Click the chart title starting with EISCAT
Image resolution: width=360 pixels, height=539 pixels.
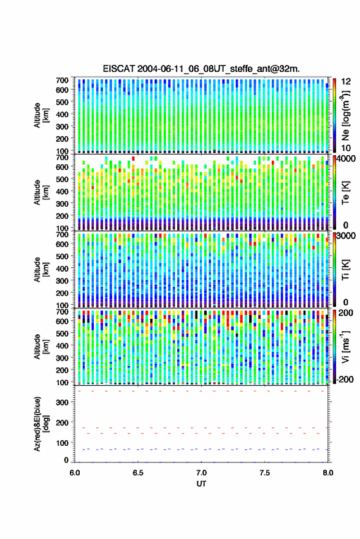point(201,69)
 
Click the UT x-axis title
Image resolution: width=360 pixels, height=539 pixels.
point(201,484)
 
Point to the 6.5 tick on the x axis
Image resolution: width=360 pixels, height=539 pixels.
point(138,473)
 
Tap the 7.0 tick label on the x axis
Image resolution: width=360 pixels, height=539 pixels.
point(201,473)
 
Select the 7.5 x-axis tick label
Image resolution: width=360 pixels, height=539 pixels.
point(264,473)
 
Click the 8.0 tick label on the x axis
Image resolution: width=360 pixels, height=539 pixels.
point(327,473)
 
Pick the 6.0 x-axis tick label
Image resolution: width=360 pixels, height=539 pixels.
point(75,473)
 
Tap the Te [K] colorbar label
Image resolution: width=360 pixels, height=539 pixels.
point(345,193)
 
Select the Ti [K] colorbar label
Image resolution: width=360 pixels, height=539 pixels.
point(345,269)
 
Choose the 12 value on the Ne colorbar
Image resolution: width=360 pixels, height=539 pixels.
point(346,81)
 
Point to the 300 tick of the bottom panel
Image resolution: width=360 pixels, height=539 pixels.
point(62,402)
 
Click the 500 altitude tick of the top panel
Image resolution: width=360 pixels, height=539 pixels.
point(62,102)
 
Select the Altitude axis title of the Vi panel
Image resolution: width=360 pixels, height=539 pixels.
point(40,347)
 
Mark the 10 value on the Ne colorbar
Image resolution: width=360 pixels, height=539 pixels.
point(346,148)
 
